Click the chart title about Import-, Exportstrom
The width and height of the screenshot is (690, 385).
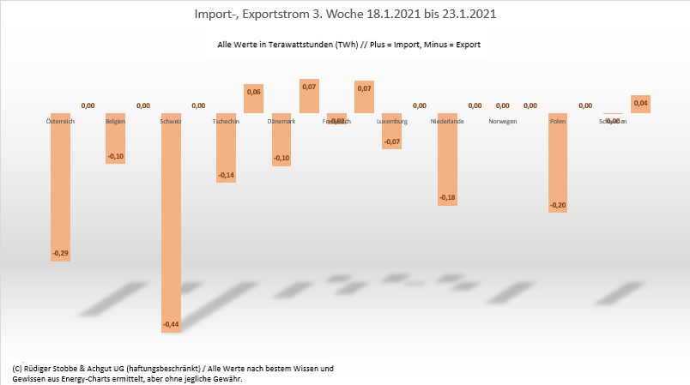coord(345,15)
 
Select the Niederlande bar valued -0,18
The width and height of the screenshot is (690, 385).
coord(447,158)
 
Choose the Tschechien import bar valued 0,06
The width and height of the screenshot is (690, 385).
coord(253,99)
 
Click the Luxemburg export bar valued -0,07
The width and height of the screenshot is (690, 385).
coord(391,130)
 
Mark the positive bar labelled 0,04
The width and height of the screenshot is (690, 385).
coord(640,104)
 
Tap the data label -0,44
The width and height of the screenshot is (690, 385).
coord(171,324)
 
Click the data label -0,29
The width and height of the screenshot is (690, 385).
coord(60,253)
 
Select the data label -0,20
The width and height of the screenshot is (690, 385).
coord(558,205)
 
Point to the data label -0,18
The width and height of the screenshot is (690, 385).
coord(447,198)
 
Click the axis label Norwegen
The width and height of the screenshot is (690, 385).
coord(502,122)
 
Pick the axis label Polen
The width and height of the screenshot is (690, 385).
coord(558,122)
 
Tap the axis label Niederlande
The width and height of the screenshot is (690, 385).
coord(447,122)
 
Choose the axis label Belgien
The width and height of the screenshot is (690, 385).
coord(116,122)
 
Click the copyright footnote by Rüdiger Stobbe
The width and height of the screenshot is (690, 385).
coord(172,373)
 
